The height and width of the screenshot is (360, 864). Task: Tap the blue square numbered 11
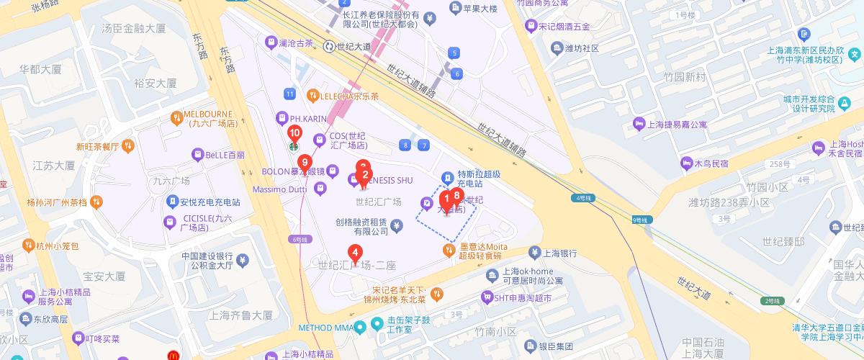coord(289,94)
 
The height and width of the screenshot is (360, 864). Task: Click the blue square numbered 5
coord(453,53)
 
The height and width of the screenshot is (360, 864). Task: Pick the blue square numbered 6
coord(456,73)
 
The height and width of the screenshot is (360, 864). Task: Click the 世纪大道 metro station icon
coord(330,46)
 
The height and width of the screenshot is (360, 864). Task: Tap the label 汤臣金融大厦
coord(135,29)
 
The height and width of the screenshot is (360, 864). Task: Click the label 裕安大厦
coord(155,83)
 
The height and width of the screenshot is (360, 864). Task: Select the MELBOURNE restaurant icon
coord(176,117)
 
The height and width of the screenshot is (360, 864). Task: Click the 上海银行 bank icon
coord(534,253)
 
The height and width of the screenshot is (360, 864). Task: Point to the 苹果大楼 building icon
coord(455,8)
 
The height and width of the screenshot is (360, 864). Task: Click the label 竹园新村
coord(685,77)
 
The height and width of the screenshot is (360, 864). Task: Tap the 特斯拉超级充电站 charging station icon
coord(446,176)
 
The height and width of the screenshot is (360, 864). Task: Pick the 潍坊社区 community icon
coord(557,48)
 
